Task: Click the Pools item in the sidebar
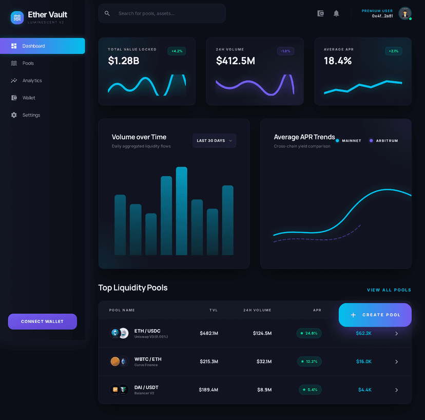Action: (x=28, y=63)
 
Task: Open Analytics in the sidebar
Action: (x=32, y=81)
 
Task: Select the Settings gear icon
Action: (x=14, y=115)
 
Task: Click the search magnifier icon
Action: (x=107, y=13)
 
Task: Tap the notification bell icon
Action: (x=336, y=13)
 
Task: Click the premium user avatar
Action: (x=405, y=13)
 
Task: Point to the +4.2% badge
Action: (x=177, y=51)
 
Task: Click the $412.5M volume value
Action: (x=236, y=61)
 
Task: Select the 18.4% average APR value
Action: (x=338, y=61)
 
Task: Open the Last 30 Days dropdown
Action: (x=214, y=141)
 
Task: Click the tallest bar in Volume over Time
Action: (x=182, y=211)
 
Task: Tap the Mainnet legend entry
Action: (x=349, y=141)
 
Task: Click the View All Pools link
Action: (x=389, y=290)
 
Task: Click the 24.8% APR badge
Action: (x=309, y=333)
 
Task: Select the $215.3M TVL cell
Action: (x=209, y=361)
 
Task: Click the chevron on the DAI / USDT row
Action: (x=396, y=390)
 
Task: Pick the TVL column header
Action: (x=214, y=310)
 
